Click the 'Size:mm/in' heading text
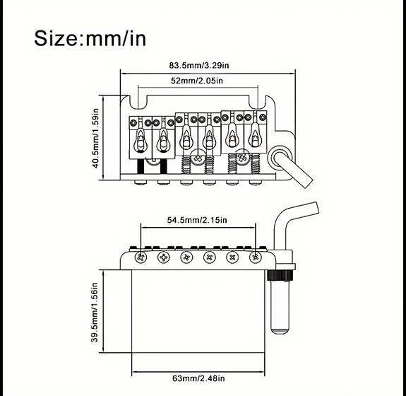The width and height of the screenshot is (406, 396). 90,37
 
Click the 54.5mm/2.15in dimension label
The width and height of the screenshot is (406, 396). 197,220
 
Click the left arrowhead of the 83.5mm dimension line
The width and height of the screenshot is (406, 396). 122,72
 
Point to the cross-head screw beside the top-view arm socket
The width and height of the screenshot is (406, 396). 243,159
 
